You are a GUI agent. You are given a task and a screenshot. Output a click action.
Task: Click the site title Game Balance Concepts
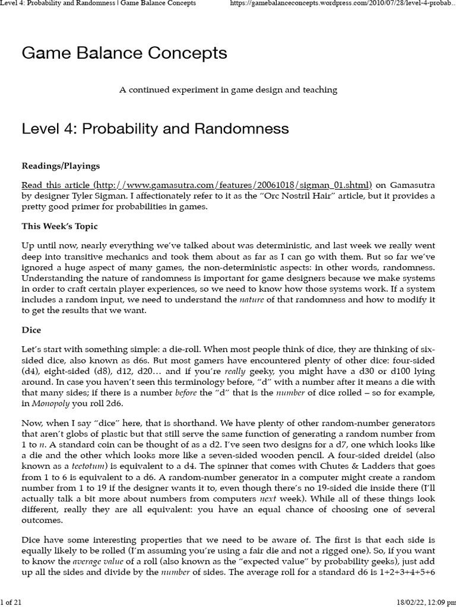[x=124, y=53]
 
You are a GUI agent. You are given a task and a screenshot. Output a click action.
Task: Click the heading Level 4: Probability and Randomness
[x=155, y=129]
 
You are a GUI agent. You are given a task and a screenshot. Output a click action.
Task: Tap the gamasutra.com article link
[x=197, y=184]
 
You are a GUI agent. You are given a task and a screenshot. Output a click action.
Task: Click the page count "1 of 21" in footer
[x=12, y=602]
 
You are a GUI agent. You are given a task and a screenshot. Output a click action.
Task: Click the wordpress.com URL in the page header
[x=342, y=4]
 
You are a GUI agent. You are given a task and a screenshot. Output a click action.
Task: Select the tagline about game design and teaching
[x=228, y=90]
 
